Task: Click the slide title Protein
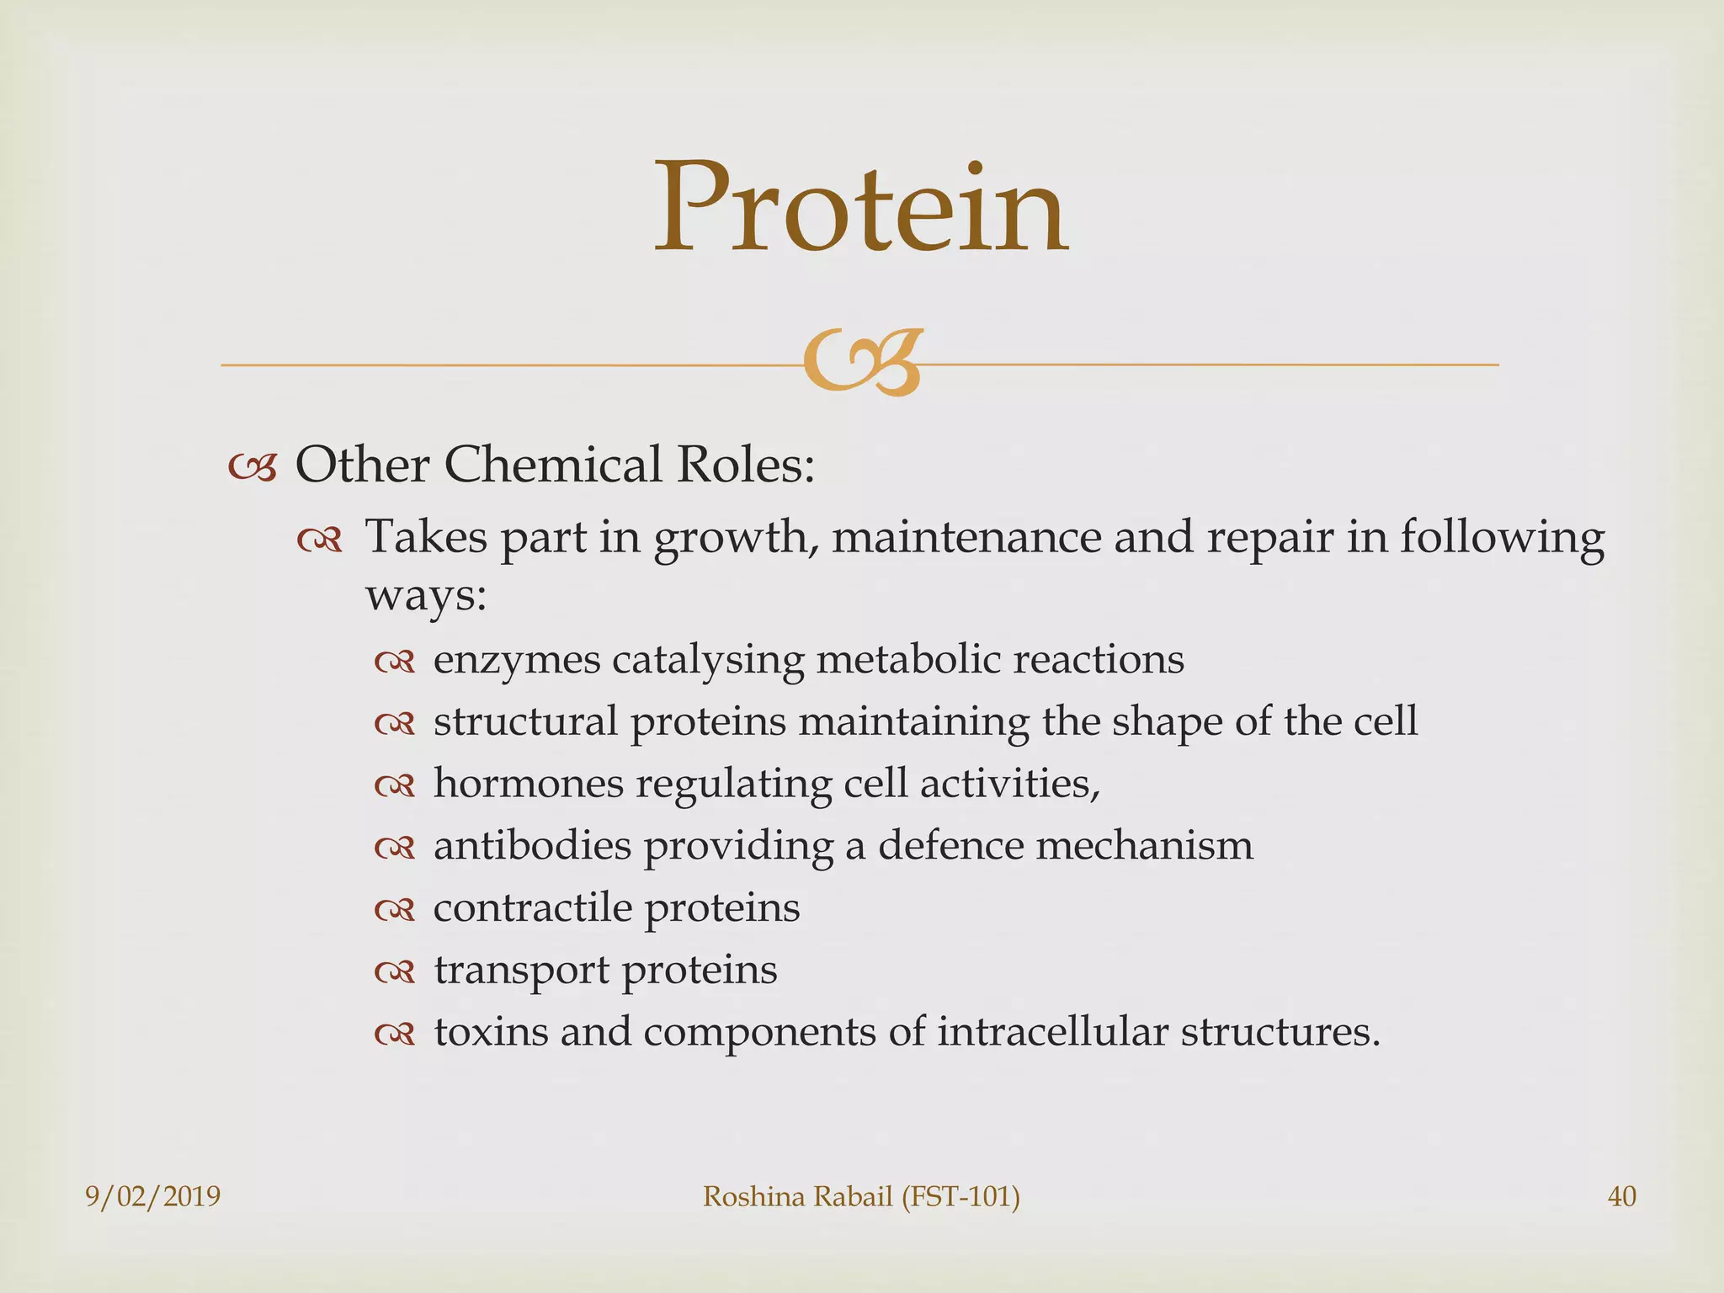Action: (x=861, y=208)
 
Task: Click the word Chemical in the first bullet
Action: (x=552, y=464)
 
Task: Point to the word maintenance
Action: (x=966, y=536)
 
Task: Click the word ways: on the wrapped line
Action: (x=426, y=597)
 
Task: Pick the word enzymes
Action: (x=517, y=660)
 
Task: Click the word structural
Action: (x=525, y=721)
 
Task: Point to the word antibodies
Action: (x=532, y=845)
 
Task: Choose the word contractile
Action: (x=532, y=907)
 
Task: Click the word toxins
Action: (x=490, y=1032)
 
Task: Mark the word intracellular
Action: (x=1052, y=1032)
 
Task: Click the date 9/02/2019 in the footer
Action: (x=152, y=1196)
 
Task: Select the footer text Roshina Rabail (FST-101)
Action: (x=861, y=1196)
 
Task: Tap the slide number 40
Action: (x=1621, y=1196)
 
